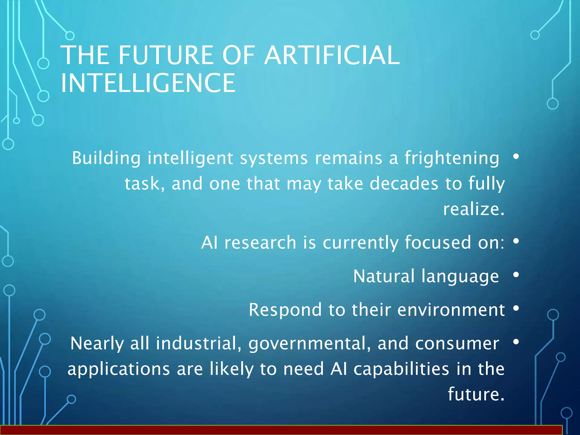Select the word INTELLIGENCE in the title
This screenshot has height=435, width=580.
pos(148,83)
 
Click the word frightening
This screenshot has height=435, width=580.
pos(452,158)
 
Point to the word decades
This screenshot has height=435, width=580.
pos(404,184)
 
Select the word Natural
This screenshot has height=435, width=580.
pos(384,276)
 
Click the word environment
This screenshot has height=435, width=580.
pos(451,310)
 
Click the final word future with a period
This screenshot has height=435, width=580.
pos(476,394)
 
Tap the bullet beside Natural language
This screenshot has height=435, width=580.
pos(516,275)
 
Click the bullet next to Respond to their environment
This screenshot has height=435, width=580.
pos(516,308)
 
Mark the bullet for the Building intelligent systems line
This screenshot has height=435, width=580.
pos(516,156)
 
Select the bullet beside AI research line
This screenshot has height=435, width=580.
pos(516,241)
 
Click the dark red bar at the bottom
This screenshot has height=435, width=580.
pos(280,430)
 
